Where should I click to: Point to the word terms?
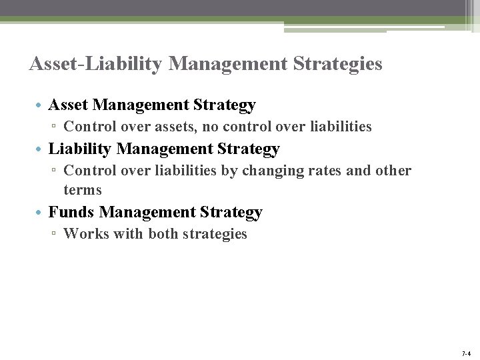pos(83,190)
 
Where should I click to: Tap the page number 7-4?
pos(465,353)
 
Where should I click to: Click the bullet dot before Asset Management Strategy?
pos(40,106)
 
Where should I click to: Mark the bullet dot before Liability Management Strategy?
pos(40,149)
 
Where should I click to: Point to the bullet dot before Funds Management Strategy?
pos(40,213)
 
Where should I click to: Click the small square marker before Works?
pos(55,235)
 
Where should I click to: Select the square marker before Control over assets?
pos(55,127)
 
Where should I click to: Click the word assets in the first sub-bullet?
pos(177,126)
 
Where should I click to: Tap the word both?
pos(163,234)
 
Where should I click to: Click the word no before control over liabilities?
pos(215,126)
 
